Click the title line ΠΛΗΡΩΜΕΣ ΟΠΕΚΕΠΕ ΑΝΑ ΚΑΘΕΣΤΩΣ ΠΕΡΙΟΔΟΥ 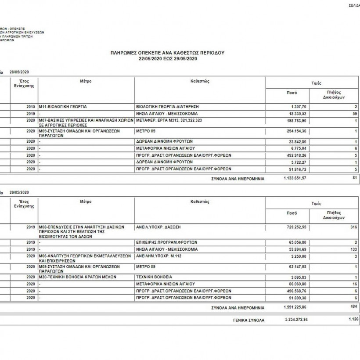point(168,52)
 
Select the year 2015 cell point(31,107)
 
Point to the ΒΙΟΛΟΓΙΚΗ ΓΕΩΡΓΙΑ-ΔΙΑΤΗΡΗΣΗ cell point(167,107)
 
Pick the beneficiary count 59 point(355,113)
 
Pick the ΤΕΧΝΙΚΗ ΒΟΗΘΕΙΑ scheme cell point(154,277)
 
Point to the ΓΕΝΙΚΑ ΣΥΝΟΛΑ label point(248,320)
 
